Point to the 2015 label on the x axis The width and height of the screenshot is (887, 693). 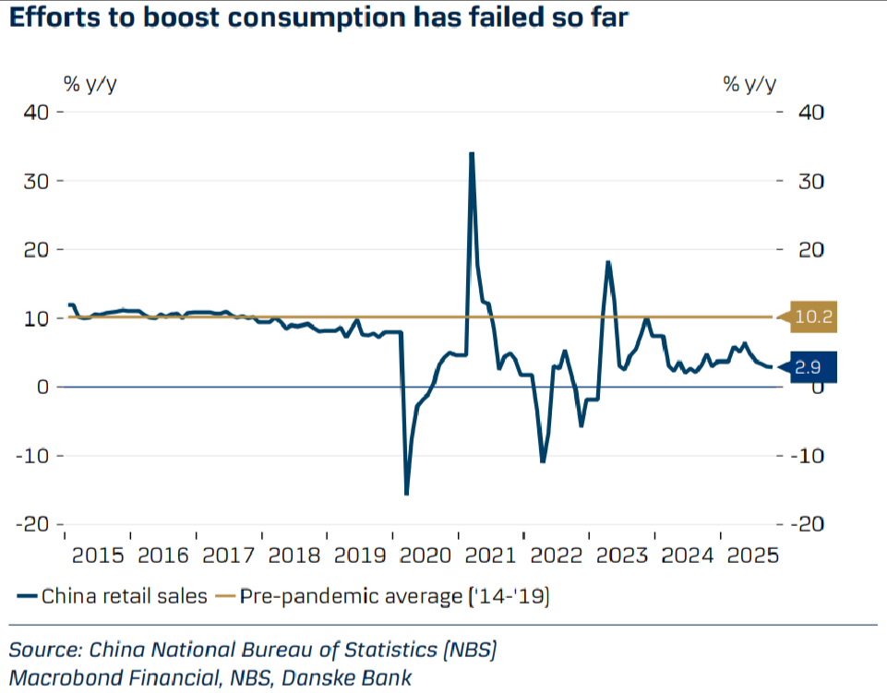click(x=97, y=556)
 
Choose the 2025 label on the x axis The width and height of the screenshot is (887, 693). click(x=751, y=556)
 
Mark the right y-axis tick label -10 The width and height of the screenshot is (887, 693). click(x=807, y=455)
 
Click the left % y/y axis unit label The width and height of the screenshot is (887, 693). click(x=90, y=85)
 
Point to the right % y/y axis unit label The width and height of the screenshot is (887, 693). click(x=749, y=85)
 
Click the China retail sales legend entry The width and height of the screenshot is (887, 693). click(x=113, y=596)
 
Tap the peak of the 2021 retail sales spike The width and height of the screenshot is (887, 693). click(x=472, y=153)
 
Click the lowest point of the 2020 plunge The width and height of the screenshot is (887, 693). click(x=406, y=494)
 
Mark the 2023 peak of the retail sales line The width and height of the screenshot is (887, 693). click(x=608, y=262)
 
